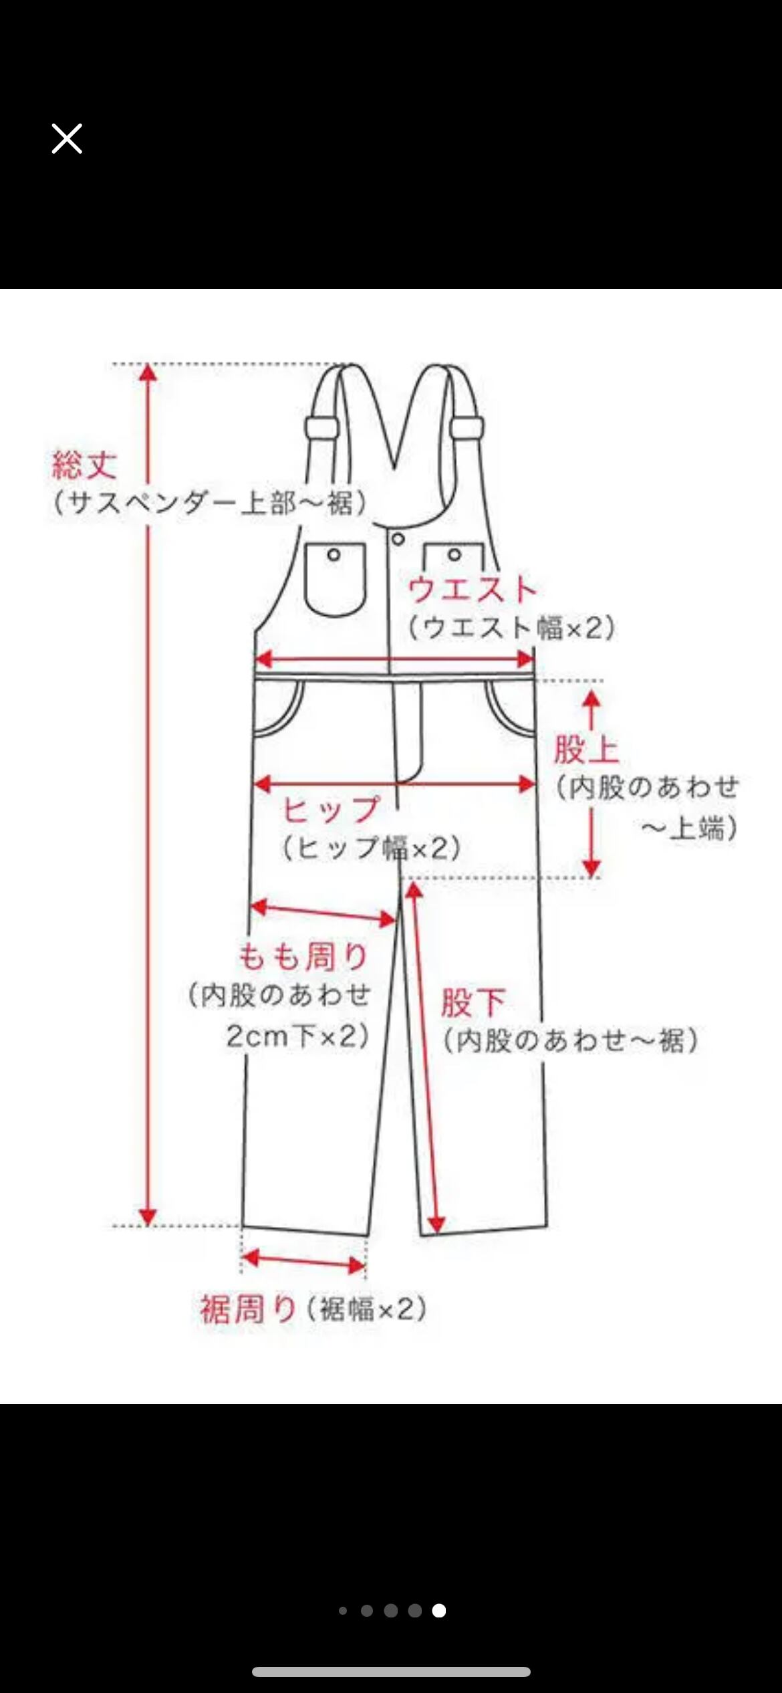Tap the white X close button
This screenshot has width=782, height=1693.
click(x=67, y=139)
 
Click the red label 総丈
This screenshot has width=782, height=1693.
click(x=85, y=465)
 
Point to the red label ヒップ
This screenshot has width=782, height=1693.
click(x=331, y=810)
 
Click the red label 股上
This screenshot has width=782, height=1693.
click(x=586, y=750)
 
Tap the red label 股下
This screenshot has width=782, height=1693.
click(x=473, y=1002)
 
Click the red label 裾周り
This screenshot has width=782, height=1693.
click(x=248, y=1309)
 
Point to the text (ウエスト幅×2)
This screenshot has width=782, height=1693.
click(x=512, y=628)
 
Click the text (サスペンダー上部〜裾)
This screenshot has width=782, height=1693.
click(x=210, y=503)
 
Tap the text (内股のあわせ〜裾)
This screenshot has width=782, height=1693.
click(x=571, y=1040)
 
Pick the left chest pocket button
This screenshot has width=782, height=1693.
click(x=334, y=554)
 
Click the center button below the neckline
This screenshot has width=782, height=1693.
click(x=398, y=539)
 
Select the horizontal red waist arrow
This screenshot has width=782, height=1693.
click(x=394, y=659)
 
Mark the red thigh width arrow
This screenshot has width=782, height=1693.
click(x=323, y=913)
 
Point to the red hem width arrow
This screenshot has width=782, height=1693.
click(x=304, y=1261)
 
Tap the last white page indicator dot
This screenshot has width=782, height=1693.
click(x=438, y=1611)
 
